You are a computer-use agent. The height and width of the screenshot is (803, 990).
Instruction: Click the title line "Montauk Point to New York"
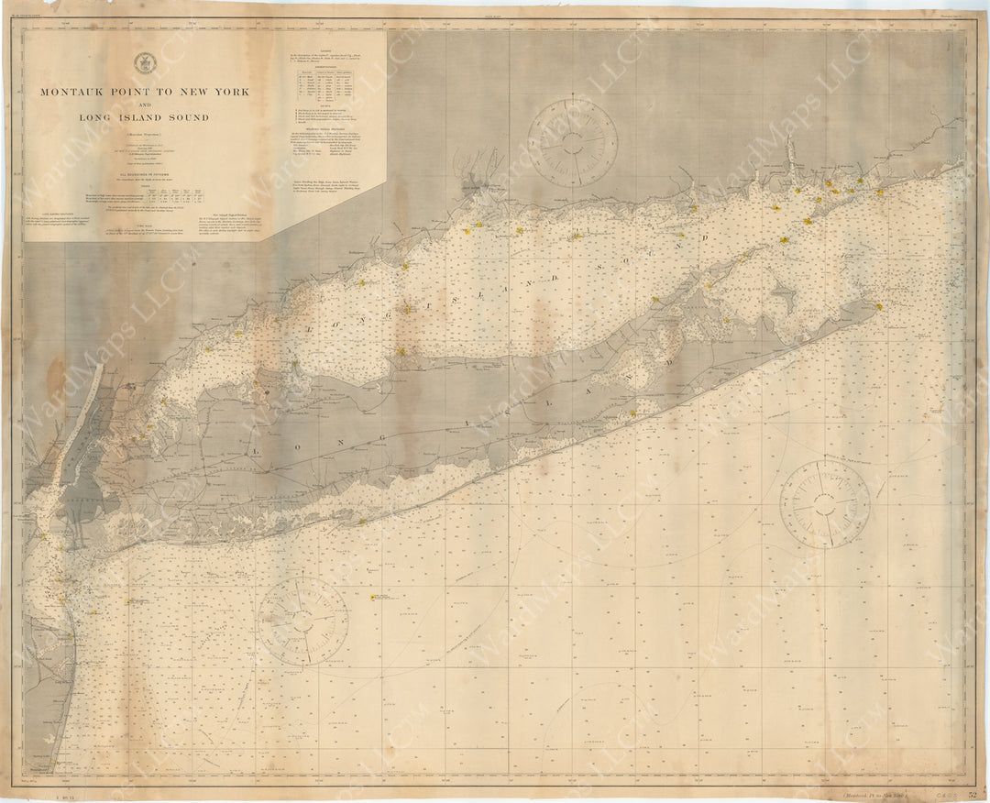(x=144, y=93)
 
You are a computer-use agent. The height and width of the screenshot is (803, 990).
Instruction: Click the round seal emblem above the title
(x=144, y=63)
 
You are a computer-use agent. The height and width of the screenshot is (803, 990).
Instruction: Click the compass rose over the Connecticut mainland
(x=572, y=142)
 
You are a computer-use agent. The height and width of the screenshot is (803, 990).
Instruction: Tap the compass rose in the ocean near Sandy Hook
(x=302, y=621)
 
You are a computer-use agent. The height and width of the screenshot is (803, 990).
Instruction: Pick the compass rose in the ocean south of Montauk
(x=824, y=504)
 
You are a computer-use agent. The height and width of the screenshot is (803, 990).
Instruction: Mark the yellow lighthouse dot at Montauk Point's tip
(x=879, y=306)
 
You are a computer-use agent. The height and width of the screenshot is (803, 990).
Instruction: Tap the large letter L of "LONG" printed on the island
(x=258, y=450)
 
